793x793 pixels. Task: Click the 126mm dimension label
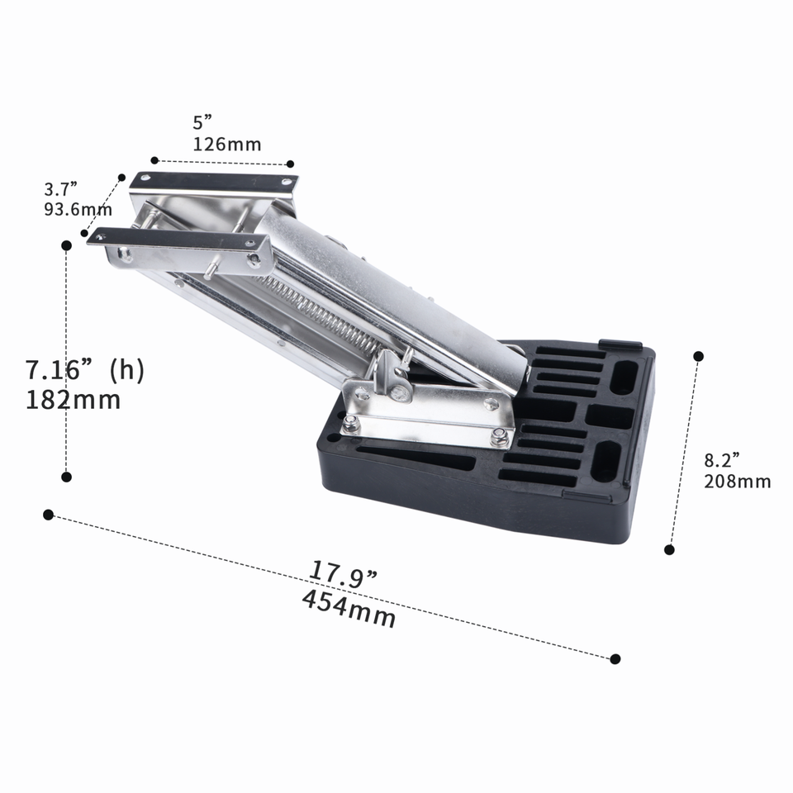coord(227,145)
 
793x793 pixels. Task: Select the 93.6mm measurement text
coord(78,210)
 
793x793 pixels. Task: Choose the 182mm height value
coord(74,400)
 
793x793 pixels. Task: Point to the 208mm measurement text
coord(737,482)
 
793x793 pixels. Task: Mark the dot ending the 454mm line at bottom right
coord(615,658)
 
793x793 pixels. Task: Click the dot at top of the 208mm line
coord(698,356)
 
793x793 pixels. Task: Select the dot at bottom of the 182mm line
coord(67,477)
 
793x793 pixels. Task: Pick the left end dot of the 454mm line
coord(48,515)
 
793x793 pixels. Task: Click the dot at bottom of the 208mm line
coord(669,549)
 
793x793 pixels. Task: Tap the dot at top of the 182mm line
coord(67,245)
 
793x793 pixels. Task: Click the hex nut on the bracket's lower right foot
coord(499,436)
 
